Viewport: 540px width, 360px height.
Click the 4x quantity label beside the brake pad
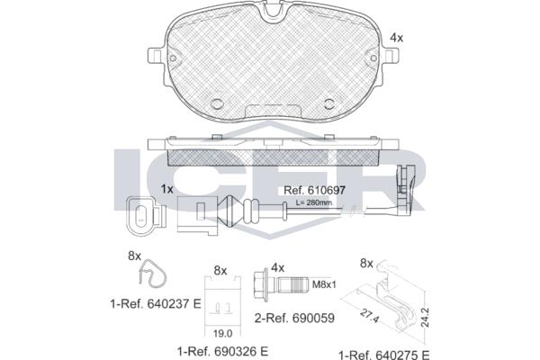point(396,38)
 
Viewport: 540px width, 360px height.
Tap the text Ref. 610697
point(314,190)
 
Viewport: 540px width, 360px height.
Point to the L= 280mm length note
point(314,202)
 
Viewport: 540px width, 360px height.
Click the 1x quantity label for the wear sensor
point(167,189)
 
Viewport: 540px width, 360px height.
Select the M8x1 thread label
point(324,284)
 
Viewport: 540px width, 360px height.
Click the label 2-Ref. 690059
point(294,318)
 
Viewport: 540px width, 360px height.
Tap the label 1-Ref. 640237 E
point(156,304)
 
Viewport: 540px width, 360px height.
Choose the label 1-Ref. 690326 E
point(222,351)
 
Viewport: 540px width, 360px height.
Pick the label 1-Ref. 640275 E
point(384,355)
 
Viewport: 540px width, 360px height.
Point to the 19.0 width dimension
point(222,333)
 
